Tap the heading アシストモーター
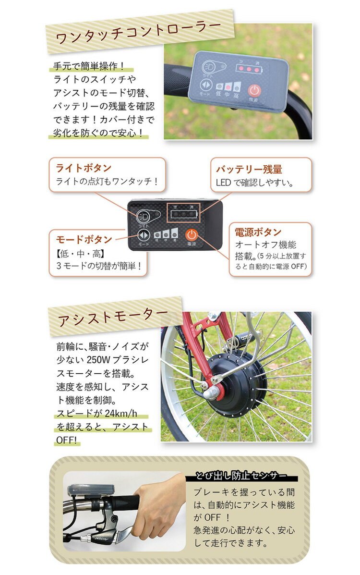(113, 316)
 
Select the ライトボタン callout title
(84, 168)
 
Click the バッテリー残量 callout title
(249, 169)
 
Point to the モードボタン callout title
(84, 239)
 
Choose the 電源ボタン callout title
(258, 232)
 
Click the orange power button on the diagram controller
(192, 235)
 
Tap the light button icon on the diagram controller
(144, 216)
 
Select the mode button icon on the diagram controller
(144, 235)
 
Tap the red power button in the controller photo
(254, 91)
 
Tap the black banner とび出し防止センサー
(241, 476)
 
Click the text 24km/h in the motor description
(120, 414)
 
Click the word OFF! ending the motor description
(67, 440)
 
